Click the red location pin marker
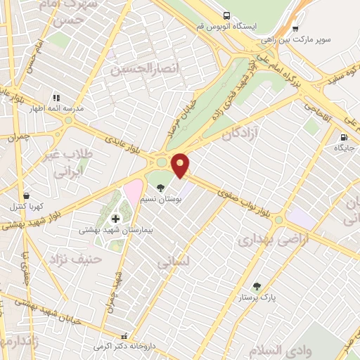pyautogui.click(x=181, y=164)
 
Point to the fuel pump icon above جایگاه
pyautogui.click(x=344, y=138)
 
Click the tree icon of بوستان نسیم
pyautogui.click(x=161, y=188)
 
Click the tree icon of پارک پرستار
pyautogui.click(x=256, y=287)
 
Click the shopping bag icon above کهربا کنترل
pyautogui.click(x=26, y=196)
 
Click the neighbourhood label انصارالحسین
pyautogui.click(x=141, y=70)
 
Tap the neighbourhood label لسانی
pyautogui.click(x=173, y=264)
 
